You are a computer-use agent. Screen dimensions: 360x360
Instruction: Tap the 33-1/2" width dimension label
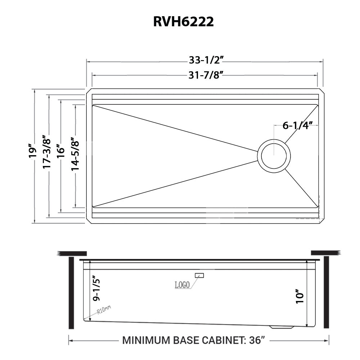coord(204,60)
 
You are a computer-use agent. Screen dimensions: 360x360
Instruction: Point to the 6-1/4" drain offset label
coord(296,126)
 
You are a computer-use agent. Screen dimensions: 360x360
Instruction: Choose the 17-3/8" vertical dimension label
coord(46,152)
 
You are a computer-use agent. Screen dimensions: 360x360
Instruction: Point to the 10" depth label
coord(300,296)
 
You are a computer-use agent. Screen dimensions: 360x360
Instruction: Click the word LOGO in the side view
coord(182,285)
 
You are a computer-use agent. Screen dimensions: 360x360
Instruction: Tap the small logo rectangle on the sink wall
coord(199,275)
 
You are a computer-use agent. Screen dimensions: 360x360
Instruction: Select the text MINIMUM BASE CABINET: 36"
coord(194,340)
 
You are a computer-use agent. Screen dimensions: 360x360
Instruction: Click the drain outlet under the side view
coord(282,327)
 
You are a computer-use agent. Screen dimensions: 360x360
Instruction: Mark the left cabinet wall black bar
coord(71,293)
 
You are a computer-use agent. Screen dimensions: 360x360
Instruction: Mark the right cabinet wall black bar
coord(326,292)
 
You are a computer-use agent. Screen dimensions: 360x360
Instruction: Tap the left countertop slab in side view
coord(72,253)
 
